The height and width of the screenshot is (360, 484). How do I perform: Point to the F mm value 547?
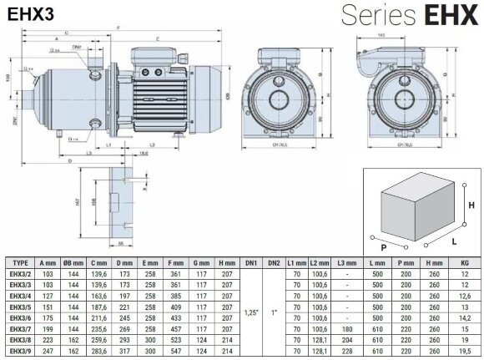coord(176,353)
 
